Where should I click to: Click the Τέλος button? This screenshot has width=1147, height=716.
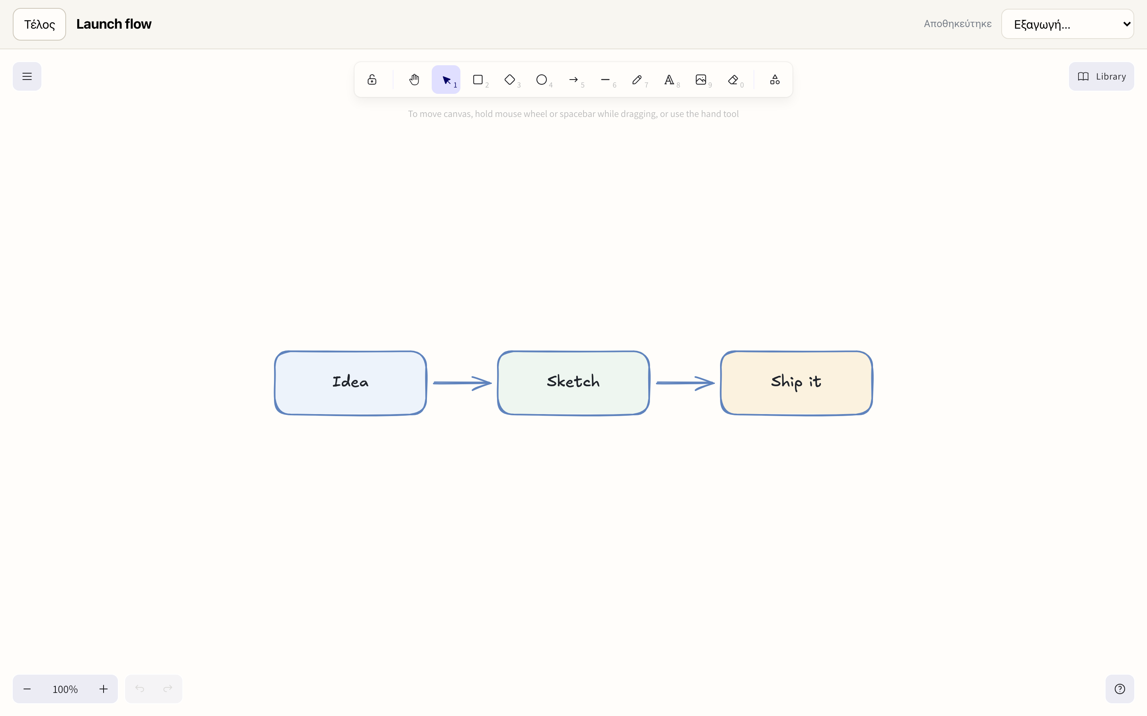[39, 24]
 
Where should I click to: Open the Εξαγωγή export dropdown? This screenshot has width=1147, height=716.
[1067, 24]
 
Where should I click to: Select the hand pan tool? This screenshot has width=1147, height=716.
[414, 80]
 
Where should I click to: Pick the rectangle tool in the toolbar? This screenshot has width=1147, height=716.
[478, 80]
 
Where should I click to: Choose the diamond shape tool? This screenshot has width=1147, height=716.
[509, 80]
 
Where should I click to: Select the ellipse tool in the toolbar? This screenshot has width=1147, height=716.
[541, 80]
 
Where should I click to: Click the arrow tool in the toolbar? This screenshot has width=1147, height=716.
[573, 80]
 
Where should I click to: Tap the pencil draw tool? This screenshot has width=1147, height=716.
[637, 80]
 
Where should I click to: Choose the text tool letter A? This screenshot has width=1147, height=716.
[669, 80]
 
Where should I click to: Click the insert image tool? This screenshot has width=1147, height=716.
[701, 80]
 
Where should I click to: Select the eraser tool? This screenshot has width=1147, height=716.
[733, 80]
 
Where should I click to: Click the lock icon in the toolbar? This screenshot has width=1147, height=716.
[372, 80]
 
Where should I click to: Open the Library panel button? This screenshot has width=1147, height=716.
[1102, 76]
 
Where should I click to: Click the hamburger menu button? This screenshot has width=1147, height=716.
[27, 76]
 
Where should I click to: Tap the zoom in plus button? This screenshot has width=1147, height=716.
[103, 689]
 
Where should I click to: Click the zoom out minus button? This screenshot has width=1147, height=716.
[27, 689]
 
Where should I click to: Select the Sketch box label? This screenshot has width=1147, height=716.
[573, 381]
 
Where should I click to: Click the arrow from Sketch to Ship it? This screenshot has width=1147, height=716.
[685, 383]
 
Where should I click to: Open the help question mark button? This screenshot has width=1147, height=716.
[1120, 689]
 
